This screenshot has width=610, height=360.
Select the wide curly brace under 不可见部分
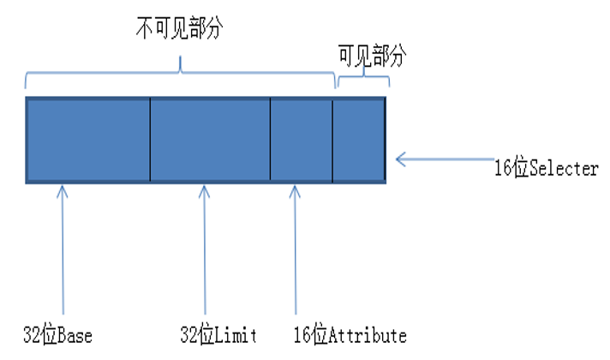[180, 75]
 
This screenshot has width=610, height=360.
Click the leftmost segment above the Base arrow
[88, 139]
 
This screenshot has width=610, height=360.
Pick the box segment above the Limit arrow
[210, 139]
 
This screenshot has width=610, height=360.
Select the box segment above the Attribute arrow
[301, 139]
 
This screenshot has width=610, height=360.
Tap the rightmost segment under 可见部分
[359, 139]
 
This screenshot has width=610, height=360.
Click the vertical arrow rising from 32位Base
[62, 249]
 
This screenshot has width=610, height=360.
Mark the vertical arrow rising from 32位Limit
[205, 249]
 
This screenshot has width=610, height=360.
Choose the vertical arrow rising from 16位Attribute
[296, 249]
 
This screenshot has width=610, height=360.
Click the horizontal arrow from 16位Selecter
[446, 159]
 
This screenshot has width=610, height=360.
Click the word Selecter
[564, 169]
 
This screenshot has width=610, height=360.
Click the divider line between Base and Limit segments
[150, 139]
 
